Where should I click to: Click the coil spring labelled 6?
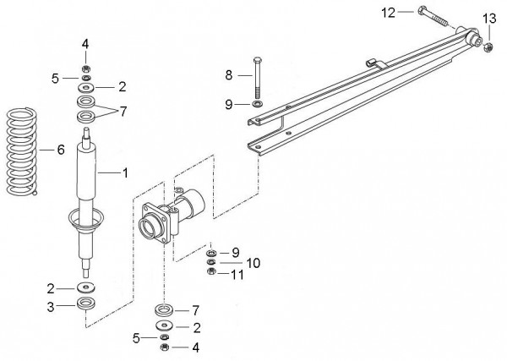22,151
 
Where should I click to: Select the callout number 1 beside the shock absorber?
125,173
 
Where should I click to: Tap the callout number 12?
389,13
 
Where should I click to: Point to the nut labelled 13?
488,48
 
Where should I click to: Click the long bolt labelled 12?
433,17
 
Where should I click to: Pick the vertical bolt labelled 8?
258,79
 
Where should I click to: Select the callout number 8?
229,75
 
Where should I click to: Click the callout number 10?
253,263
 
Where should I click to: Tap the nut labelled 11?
211,271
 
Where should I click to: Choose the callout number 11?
237,275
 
